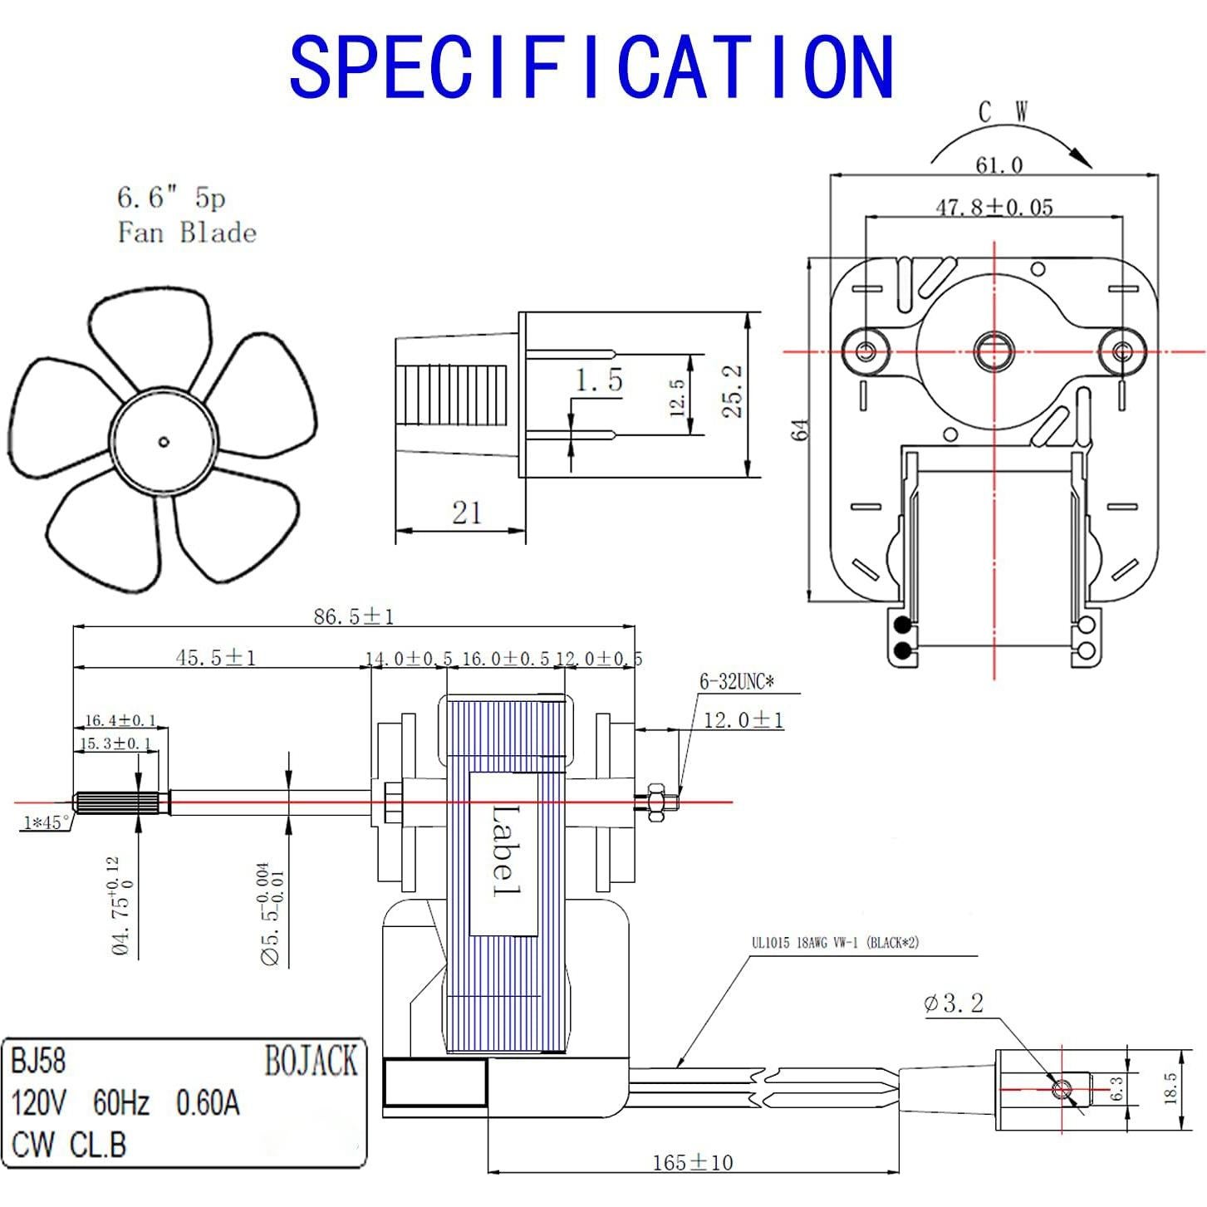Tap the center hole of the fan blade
(164, 442)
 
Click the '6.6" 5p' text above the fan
(171, 198)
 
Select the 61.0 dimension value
(998, 165)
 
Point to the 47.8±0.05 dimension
(994, 207)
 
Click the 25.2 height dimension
(732, 391)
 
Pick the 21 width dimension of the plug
(466, 513)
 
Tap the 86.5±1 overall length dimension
(353, 616)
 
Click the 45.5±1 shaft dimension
(216, 658)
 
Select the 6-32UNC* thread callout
(736, 682)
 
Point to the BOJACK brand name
(311, 1062)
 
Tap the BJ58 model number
(38, 1062)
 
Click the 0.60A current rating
(208, 1103)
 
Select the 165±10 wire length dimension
(692, 1162)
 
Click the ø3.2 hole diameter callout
(953, 1003)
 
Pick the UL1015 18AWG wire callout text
(835, 943)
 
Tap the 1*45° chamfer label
(47, 822)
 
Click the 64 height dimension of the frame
(800, 430)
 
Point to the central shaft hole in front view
(994, 351)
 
